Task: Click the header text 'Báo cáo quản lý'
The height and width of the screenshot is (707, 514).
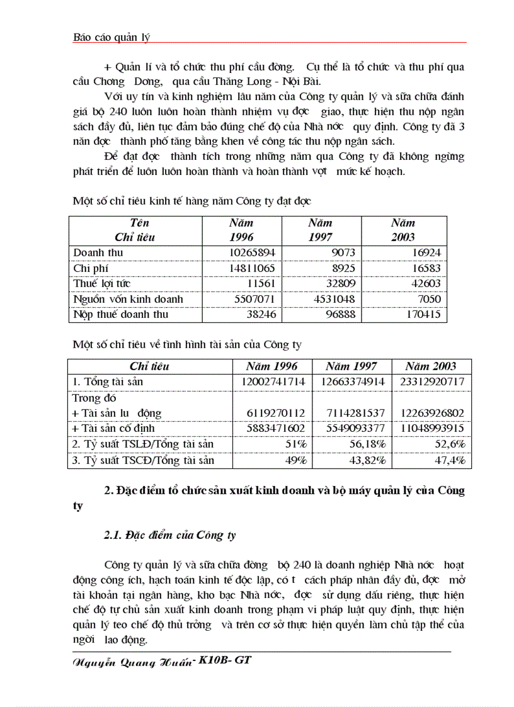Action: [111, 37]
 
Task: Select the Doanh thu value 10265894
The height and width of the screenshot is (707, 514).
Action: [246, 252]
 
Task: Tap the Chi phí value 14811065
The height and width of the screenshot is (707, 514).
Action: [246, 268]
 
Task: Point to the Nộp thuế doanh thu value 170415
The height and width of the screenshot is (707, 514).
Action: [421, 314]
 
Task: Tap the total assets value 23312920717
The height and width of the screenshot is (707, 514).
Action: [431, 382]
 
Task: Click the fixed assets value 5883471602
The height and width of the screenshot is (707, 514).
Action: [273, 428]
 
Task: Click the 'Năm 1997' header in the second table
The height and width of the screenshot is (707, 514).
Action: [351, 366]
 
